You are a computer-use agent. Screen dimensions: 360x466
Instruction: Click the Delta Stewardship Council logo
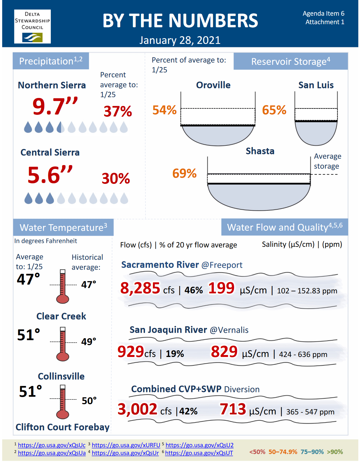[x=32, y=27]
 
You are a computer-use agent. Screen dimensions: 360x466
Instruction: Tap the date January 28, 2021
[x=180, y=40]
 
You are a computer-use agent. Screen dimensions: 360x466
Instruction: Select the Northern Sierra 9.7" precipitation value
[x=55, y=106]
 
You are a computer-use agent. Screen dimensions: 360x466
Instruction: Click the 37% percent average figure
[x=118, y=111]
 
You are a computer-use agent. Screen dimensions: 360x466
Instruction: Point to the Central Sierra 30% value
[x=116, y=178]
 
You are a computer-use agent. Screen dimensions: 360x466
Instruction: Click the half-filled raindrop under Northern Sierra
[x=60, y=127]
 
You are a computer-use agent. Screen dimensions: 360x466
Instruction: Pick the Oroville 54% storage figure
[x=165, y=110]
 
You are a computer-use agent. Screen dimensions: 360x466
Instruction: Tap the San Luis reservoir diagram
[x=316, y=119]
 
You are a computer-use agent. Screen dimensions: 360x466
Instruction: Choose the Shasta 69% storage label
[x=184, y=173]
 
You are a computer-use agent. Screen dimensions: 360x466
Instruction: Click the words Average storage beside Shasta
[x=327, y=161]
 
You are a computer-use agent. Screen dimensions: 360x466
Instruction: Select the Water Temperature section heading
[x=63, y=227]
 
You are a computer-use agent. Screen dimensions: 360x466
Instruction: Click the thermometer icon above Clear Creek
[x=63, y=286]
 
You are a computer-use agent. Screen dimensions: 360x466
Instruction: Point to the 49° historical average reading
[x=89, y=342]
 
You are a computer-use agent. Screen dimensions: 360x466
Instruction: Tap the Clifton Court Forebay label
[x=62, y=427]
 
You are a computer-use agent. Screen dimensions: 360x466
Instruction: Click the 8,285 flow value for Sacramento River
[x=140, y=288]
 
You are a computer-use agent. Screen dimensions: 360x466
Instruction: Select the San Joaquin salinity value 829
[x=224, y=351]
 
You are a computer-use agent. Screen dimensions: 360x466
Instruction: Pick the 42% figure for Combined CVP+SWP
[x=189, y=411]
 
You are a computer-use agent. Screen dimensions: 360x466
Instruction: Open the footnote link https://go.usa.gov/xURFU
[x=126, y=445]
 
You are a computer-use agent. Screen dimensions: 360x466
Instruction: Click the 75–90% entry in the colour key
[x=312, y=452]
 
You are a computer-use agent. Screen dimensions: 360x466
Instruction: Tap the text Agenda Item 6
[x=323, y=14]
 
